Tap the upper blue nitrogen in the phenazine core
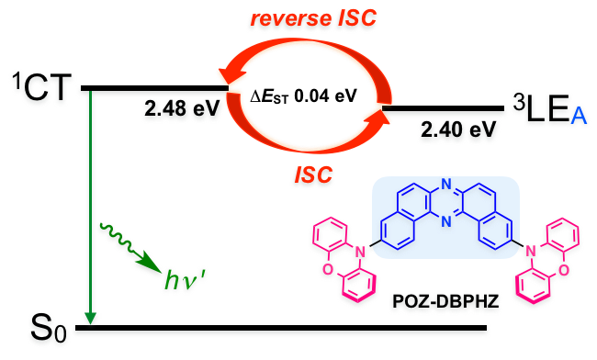click(445, 184)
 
